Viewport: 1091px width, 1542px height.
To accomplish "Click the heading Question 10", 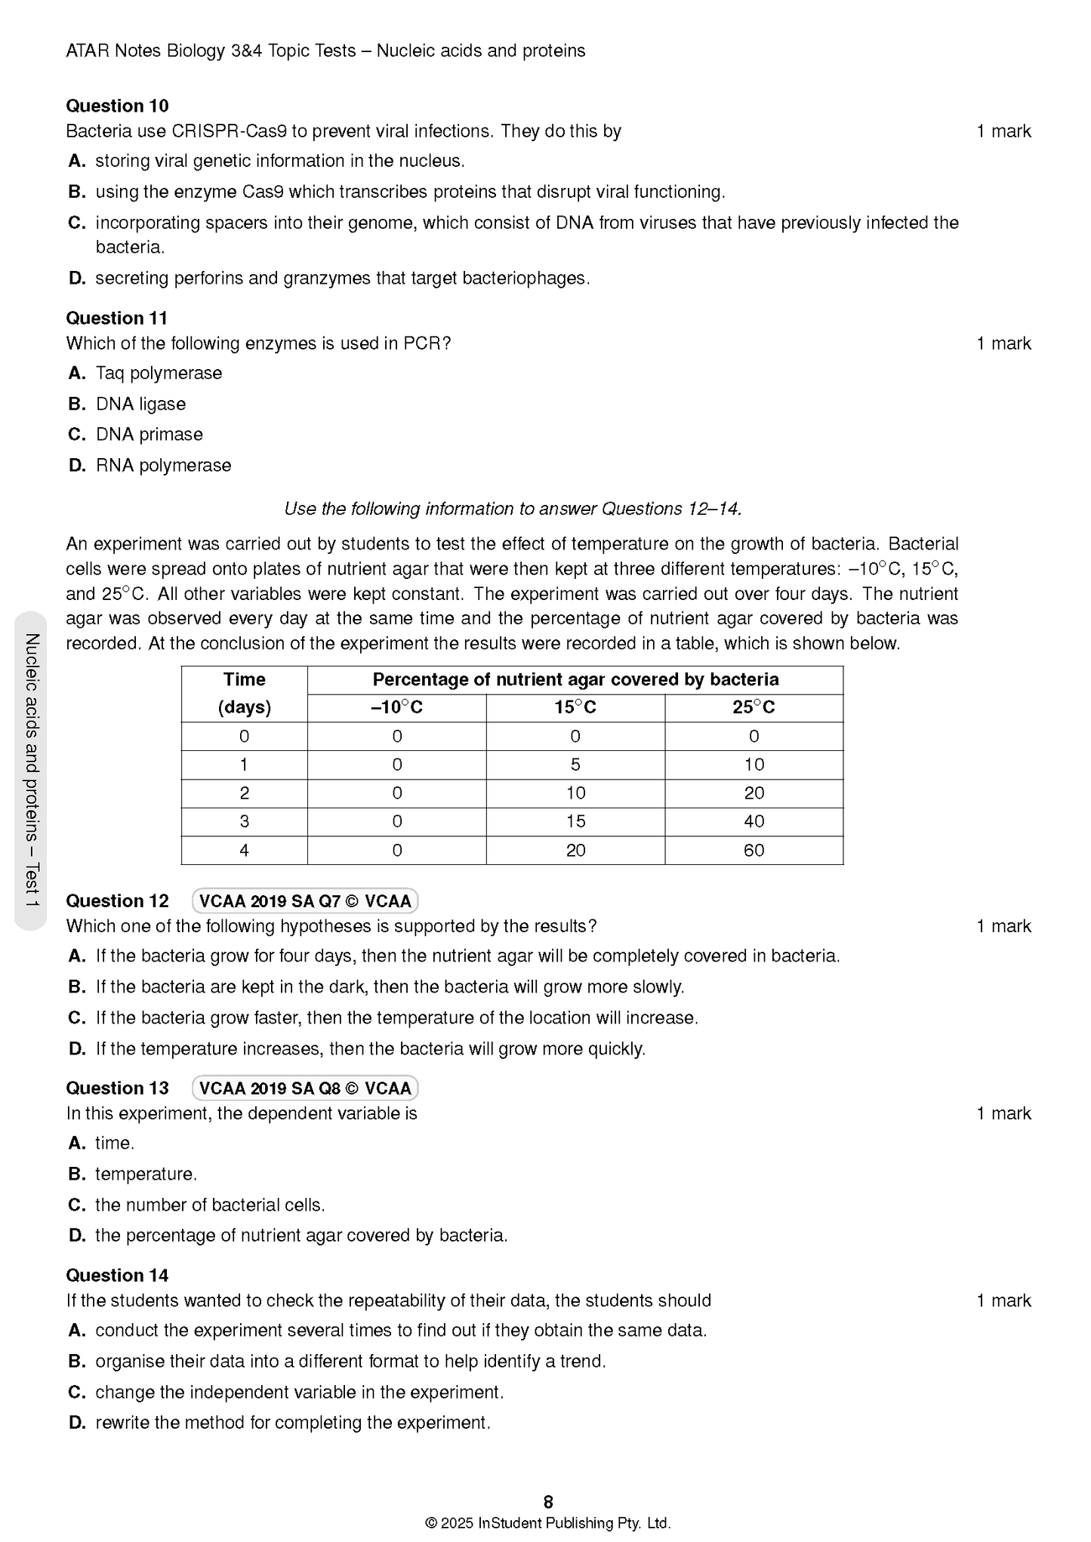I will tap(117, 106).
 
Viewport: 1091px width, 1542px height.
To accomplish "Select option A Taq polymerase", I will tap(159, 373).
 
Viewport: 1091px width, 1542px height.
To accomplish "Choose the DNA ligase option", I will tap(140, 404).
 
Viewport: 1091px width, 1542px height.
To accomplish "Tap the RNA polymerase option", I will tap(163, 465).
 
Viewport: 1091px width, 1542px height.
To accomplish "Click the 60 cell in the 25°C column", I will tap(754, 851).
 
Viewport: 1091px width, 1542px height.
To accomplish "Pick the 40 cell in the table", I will tap(754, 821).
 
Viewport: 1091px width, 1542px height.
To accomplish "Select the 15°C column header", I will tap(575, 707).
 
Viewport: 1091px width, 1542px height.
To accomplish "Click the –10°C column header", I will tap(396, 707).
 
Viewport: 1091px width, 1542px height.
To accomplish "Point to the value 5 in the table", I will tap(575, 765).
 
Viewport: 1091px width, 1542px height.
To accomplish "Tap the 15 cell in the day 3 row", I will tap(575, 821).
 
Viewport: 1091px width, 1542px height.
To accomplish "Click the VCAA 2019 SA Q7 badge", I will tap(305, 901).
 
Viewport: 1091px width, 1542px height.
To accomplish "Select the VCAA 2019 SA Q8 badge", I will tap(305, 1088).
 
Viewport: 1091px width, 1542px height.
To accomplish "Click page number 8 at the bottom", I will tap(548, 1501).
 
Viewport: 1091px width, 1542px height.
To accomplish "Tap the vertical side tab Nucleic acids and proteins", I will tap(31, 770).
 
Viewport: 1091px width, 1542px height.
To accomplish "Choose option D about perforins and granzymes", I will tap(342, 278).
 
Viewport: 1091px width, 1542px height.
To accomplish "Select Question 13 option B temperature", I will tap(146, 1174).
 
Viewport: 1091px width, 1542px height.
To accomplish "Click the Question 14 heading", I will tap(117, 1276).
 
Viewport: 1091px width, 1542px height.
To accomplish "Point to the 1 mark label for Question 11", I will tap(1003, 343).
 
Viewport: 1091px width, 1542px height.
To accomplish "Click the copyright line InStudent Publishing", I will tap(548, 1523).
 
